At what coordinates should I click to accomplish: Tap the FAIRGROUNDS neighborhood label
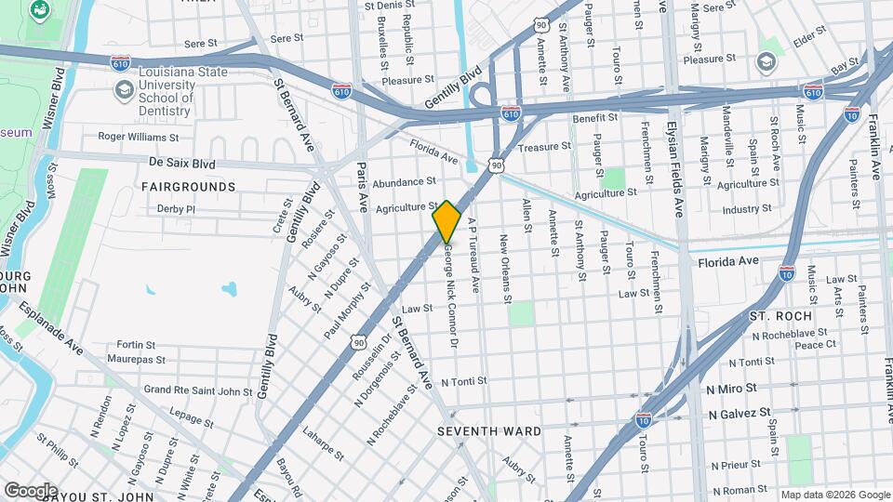(x=188, y=187)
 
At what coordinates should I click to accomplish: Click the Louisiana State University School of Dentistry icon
(x=123, y=89)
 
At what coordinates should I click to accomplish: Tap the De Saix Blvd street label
(x=181, y=163)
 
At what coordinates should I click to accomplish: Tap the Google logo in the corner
(x=30, y=490)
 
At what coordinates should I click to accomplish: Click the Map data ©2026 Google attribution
(x=833, y=495)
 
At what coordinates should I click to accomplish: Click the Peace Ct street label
(x=816, y=345)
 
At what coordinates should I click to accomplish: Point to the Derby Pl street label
(x=176, y=209)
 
